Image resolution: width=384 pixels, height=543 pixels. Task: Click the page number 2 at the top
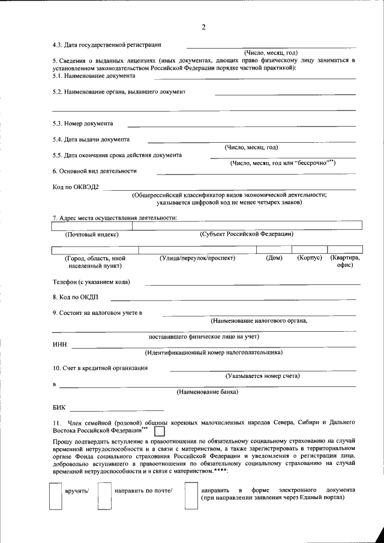point(203,28)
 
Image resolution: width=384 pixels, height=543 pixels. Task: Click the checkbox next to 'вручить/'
point(55,497)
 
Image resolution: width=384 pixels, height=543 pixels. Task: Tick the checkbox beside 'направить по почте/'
point(104,497)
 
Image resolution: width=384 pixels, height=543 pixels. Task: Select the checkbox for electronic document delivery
point(191,497)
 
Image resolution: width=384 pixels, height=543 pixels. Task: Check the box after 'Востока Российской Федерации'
point(160,431)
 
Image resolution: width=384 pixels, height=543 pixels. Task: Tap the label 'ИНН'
point(59,345)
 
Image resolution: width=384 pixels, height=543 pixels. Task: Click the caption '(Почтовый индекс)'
point(92,234)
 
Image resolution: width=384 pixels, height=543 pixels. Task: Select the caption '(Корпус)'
point(310,258)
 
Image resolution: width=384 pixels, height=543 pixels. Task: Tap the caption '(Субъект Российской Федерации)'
point(247,234)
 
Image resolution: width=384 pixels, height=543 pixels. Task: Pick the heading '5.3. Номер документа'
point(83,124)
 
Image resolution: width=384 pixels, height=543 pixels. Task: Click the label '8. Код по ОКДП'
point(75,297)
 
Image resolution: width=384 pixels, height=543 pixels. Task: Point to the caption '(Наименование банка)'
point(207,392)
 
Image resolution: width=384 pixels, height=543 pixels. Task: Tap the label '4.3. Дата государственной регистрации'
point(107,44)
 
